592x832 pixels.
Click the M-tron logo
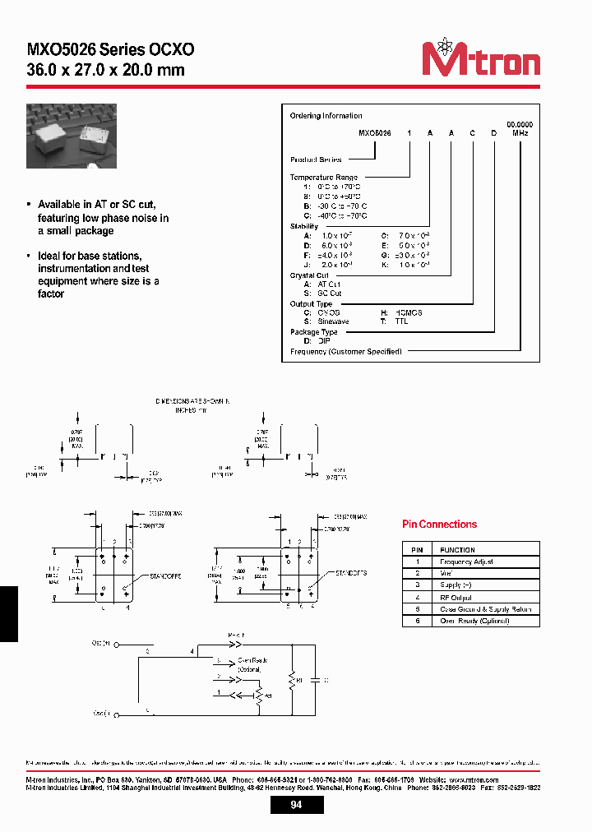coord(480,59)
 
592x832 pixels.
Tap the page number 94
coord(296,805)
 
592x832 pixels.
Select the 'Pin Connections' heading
coord(439,524)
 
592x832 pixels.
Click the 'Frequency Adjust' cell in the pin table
coord(467,562)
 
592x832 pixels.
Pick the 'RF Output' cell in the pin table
coord(457,597)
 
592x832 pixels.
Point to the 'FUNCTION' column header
coord(457,549)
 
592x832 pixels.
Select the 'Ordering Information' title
coord(326,116)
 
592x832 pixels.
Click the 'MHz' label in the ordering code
coord(520,132)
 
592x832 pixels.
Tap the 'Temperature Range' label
coord(322,178)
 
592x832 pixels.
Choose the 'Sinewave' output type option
coord(326,321)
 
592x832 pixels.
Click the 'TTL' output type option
coord(400,321)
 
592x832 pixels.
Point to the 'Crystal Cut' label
coord(309,275)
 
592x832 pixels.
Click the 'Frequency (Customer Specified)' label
coord(346,352)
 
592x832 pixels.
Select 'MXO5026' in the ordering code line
coord(375,132)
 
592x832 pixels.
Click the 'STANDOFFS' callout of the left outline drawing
coord(167,576)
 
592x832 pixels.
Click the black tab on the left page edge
coord(8,613)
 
